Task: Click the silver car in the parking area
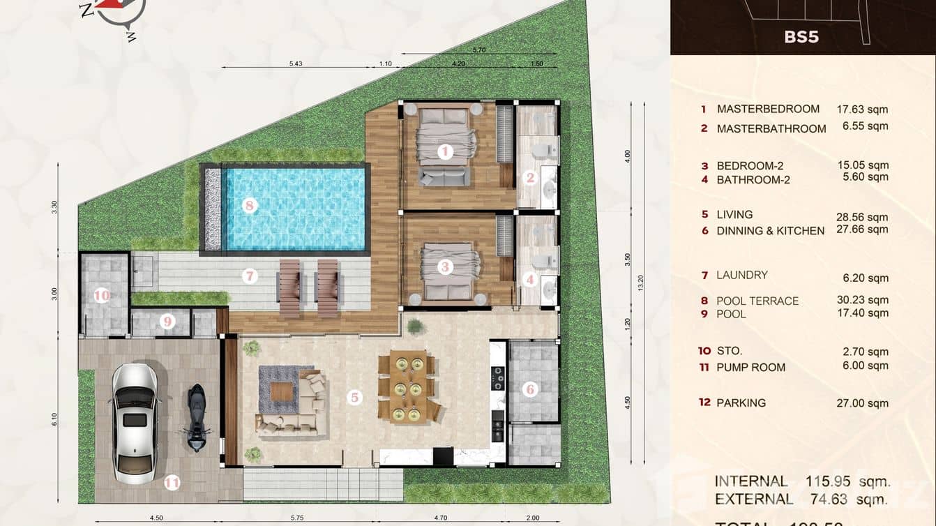tap(135, 423)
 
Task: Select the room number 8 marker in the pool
tap(250, 205)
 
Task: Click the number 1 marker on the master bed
tap(445, 151)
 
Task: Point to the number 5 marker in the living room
tap(355, 398)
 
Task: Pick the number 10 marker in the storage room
tap(102, 296)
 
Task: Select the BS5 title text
tap(801, 37)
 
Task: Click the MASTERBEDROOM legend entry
tap(768, 109)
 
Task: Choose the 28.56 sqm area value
tap(862, 217)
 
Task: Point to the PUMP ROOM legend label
tap(750, 367)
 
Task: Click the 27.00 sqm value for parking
tap(862, 403)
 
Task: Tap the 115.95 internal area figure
tap(830, 481)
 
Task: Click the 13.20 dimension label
tap(640, 283)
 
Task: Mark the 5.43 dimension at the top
tap(295, 63)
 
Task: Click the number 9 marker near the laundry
tap(167, 322)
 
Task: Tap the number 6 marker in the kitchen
tap(530, 389)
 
